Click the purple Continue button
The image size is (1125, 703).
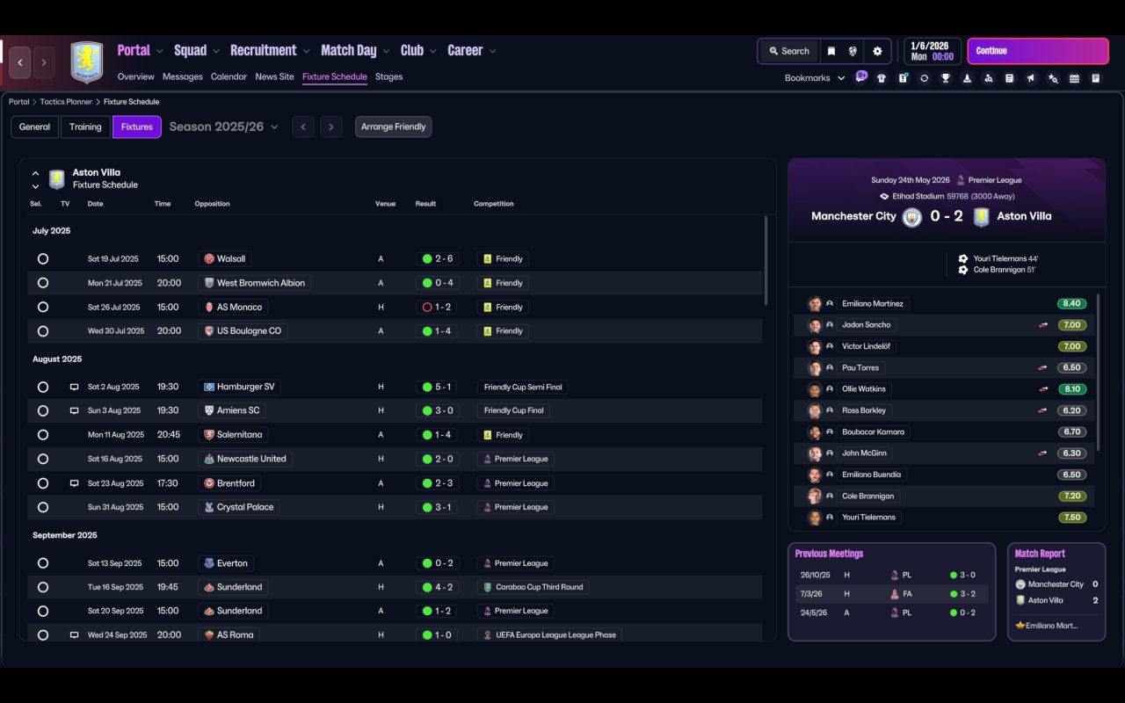click(1037, 51)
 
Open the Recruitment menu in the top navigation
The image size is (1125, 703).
click(263, 51)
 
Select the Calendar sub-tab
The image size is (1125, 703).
click(229, 76)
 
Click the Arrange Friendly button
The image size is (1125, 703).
click(393, 127)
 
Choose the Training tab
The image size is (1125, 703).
click(85, 127)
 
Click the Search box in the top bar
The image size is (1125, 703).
click(788, 51)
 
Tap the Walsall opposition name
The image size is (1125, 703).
click(232, 259)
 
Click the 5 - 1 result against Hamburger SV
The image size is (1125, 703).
click(437, 387)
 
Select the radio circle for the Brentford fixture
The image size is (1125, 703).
click(43, 483)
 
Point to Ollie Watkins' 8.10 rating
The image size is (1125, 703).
click(1071, 389)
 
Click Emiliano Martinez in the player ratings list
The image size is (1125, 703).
click(872, 304)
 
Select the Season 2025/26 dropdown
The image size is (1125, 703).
click(223, 127)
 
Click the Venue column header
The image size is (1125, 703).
click(385, 204)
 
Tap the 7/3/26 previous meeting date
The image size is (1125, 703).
click(813, 595)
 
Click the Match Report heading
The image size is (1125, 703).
click(1040, 554)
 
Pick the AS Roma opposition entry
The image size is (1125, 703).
click(235, 634)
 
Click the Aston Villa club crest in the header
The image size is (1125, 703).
click(86, 62)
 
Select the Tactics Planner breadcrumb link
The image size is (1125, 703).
click(66, 102)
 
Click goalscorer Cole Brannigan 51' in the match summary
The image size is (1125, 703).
click(1004, 270)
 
